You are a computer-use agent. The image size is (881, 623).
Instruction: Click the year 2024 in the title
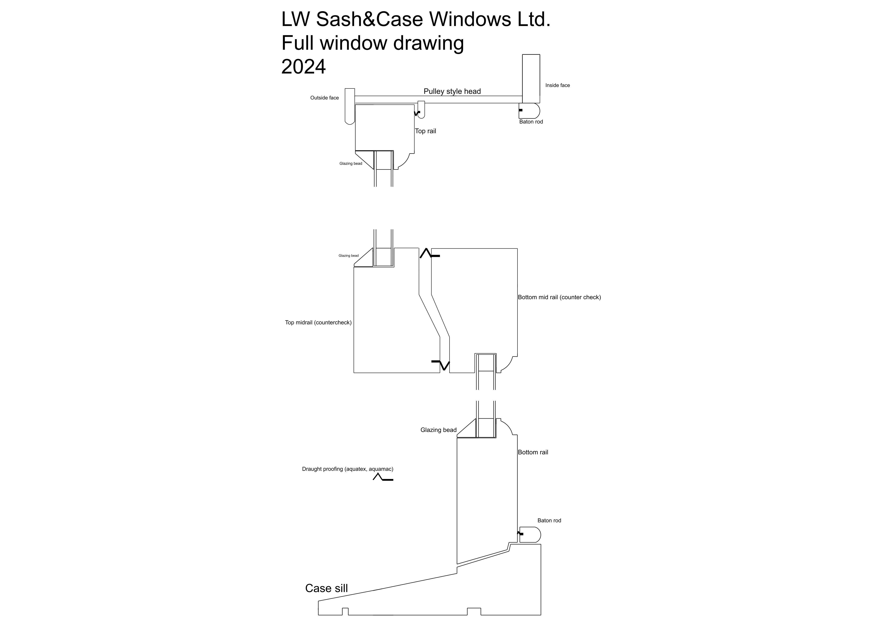click(303, 66)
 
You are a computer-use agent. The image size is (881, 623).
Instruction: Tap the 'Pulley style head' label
click(452, 91)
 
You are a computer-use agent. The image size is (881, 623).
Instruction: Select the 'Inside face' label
click(558, 85)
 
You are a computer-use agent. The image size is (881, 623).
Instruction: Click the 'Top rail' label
click(425, 131)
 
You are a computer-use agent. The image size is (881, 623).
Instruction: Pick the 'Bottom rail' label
click(533, 452)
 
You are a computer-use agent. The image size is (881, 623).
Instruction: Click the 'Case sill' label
click(327, 588)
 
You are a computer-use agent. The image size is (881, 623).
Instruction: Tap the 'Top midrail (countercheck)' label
click(318, 322)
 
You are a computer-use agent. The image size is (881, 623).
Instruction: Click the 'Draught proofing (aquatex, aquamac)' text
click(348, 469)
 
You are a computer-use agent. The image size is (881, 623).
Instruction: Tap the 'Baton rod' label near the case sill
click(549, 521)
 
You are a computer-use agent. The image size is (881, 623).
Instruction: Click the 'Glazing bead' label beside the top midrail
click(348, 256)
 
